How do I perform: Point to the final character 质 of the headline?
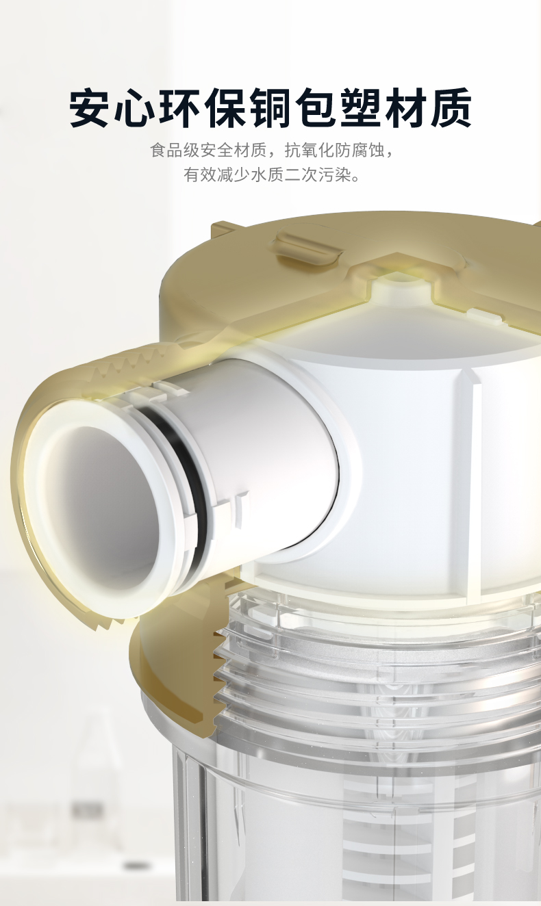[451, 107]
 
